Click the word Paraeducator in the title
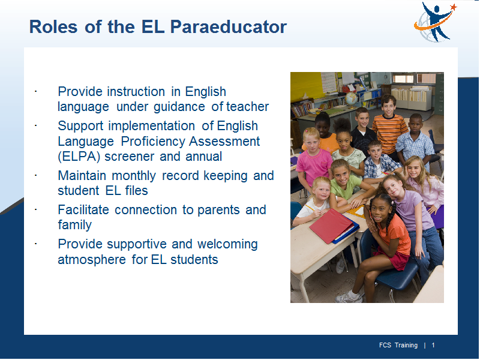[229, 26]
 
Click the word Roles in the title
[53, 26]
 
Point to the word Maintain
[82, 176]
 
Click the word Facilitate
[83, 210]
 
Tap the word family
[74, 225]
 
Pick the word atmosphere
[92, 260]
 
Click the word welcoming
[227, 244]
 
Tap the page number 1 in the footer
[433, 346]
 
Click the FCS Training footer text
[398, 346]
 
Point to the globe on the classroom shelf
[351, 98]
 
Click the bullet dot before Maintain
[36, 175]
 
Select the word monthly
[134, 176]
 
